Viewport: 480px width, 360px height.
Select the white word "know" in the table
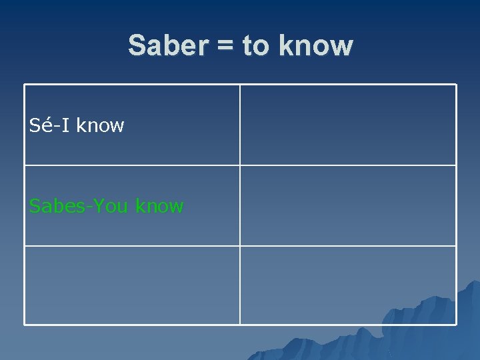[x=100, y=125]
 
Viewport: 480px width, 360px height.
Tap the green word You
[x=111, y=206]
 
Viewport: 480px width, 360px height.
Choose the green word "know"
[x=159, y=206]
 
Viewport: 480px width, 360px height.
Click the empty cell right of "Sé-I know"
[x=348, y=125]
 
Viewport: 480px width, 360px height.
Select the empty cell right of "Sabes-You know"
[x=348, y=205]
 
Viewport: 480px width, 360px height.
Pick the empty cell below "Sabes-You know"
[x=132, y=285]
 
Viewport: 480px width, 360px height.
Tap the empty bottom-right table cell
[x=348, y=285]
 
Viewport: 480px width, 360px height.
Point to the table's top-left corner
[x=25, y=85]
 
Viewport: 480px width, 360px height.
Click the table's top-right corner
[x=456, y=85]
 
